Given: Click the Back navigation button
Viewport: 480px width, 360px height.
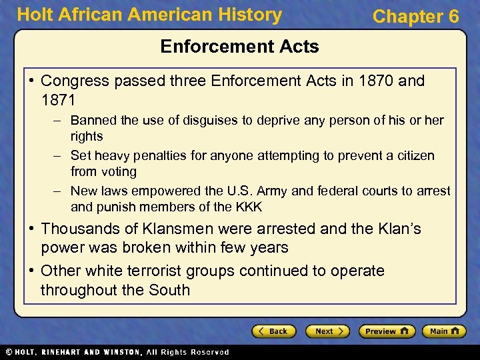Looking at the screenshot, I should [273, 331].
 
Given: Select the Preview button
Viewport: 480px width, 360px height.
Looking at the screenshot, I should [387, 331].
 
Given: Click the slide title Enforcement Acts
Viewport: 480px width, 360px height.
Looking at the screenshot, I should [240, 47].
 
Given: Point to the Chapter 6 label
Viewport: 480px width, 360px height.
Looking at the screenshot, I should [416, 17].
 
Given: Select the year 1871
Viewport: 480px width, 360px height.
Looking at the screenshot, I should [58, 100].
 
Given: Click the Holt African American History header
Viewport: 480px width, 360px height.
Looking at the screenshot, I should [149, 15].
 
